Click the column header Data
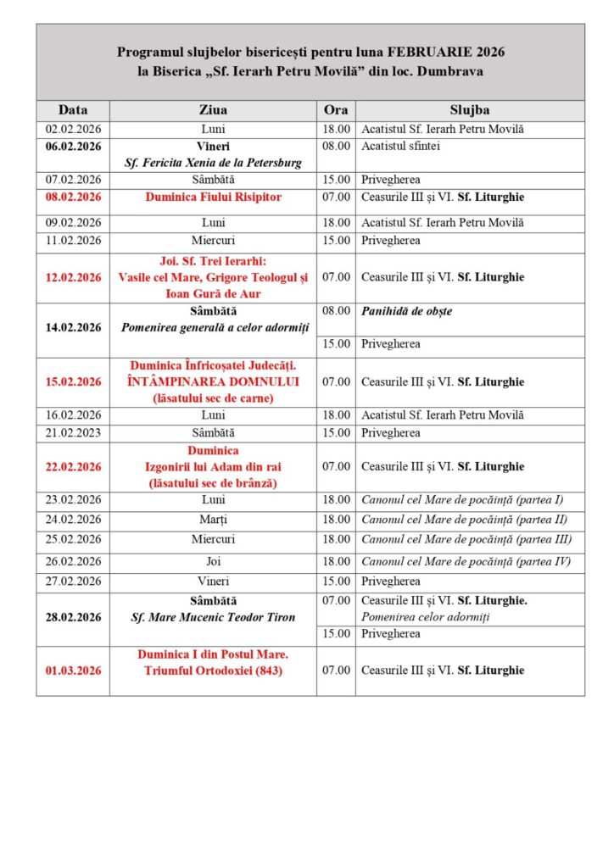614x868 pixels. (x=73, y=110)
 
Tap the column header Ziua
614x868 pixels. (x=212, y=110)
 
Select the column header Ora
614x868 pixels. (x=336, y=110)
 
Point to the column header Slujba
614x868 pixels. (x=469, y=110)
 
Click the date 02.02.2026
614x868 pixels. (x=73, y=130)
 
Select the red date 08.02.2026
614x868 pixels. (x=73, y=198)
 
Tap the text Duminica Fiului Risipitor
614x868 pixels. (x=213, y=198)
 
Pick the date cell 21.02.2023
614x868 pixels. (x=73, y=433)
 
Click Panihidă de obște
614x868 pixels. (x=406, y=311)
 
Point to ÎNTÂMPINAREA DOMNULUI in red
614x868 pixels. (x=213, y=381)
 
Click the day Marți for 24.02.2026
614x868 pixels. (x=213, y=520)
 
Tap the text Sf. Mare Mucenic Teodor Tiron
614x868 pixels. (x=213, y=617)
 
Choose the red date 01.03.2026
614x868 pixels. (x=73, y=670)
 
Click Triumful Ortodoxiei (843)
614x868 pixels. (x=213, y=671)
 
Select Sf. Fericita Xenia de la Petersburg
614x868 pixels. (x=213, y=162)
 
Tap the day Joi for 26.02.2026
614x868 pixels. (x=213, y=561)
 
